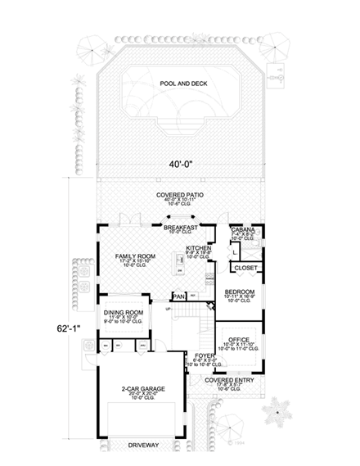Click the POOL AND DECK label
(x=179, y=84)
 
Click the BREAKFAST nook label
(x=180, y=227)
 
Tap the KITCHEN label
(x=199, y=247)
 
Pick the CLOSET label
(x=245, y=268)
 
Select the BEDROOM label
(x=241, y=292)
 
